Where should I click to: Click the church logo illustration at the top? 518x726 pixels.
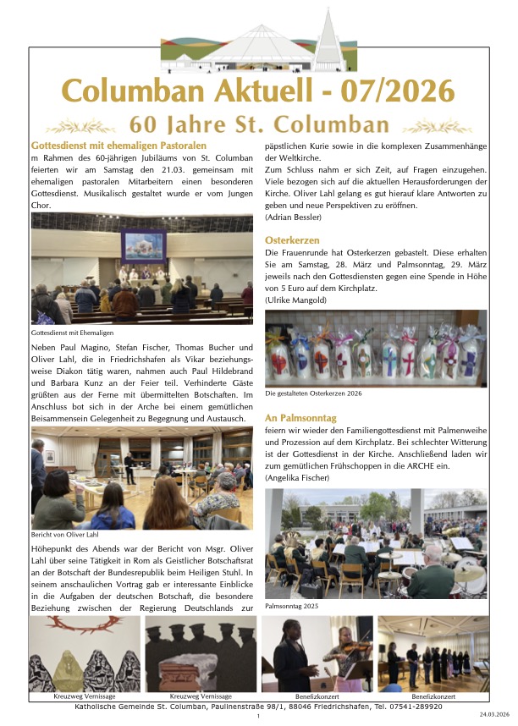pos(258,44)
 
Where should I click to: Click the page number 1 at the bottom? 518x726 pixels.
pos(257,717)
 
